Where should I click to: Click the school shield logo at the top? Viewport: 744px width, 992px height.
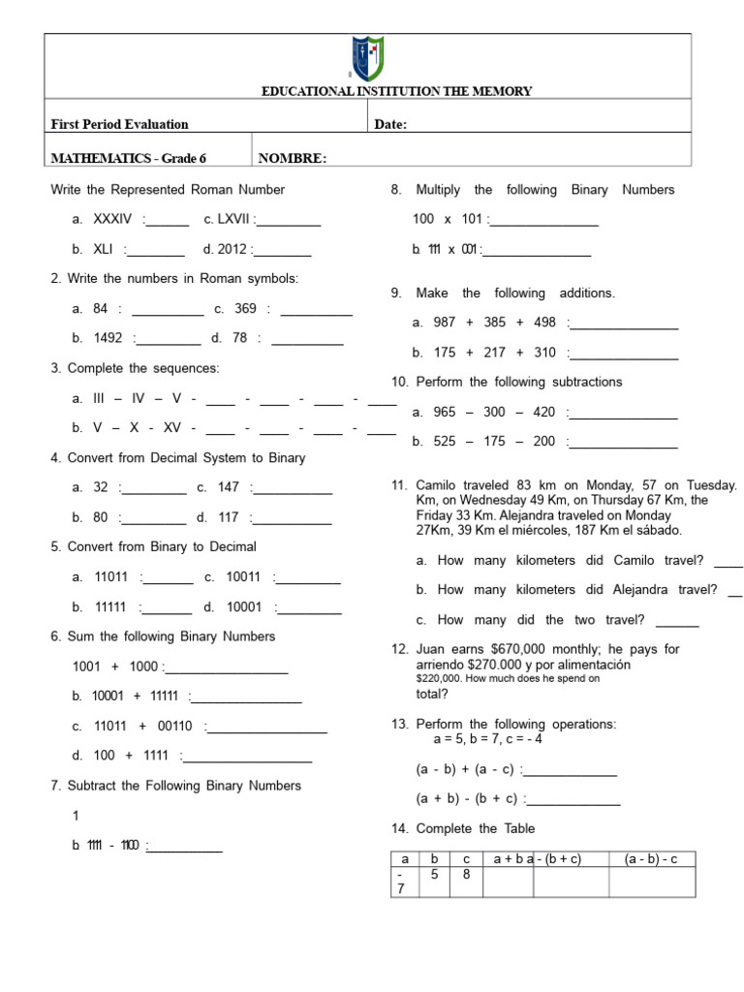370,59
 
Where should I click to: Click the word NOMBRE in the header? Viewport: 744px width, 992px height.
293,159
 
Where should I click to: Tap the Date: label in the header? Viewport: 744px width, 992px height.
390,124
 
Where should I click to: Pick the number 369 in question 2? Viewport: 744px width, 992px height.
245,309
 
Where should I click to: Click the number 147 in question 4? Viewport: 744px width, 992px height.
229,488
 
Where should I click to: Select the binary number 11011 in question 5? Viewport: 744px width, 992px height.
111,577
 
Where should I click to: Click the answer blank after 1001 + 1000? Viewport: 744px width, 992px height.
228,667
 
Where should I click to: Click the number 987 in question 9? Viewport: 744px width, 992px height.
445,323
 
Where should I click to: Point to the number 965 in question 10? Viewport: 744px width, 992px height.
445,413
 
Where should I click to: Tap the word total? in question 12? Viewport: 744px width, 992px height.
432,694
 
